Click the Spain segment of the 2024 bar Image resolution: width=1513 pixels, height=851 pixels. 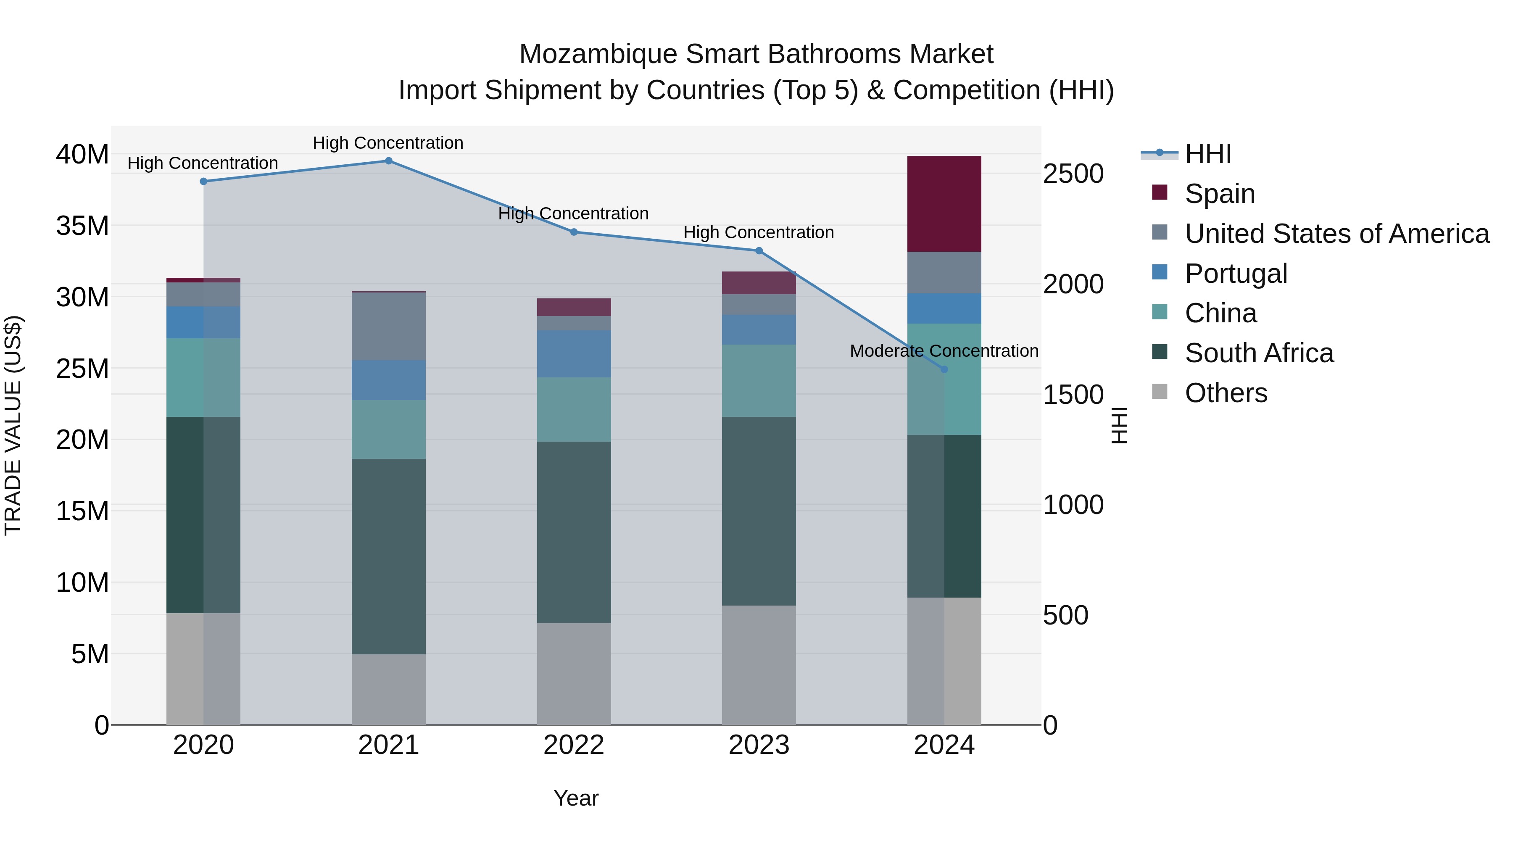[944, 204]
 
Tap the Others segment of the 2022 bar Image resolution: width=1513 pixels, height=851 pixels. [574, 674]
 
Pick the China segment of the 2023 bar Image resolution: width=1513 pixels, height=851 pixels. [758, 381]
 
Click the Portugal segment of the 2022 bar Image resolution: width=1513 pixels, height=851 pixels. [574, 353]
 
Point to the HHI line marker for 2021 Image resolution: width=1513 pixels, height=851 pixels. [388, 161]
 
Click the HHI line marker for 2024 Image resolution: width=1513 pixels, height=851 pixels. [944, 369]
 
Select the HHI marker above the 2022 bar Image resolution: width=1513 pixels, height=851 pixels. [574, 232]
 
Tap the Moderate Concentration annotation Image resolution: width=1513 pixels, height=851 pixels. [944, 350]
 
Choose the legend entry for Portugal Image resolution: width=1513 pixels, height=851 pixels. [1236, 274]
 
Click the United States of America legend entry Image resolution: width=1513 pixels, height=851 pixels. [1336, 234]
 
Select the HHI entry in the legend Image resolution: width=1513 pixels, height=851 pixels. [1207, 154]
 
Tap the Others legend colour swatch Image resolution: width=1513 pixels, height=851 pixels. [1160, 392]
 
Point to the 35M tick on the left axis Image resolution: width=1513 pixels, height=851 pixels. [82, 226]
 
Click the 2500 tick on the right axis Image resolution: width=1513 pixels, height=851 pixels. [1073, 174]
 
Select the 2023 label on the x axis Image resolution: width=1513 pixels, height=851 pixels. [758, 745]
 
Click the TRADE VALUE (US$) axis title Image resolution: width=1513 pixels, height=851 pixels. [13, 425]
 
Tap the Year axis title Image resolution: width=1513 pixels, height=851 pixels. [576, 798]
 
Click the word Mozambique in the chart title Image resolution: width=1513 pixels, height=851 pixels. [598, 54]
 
